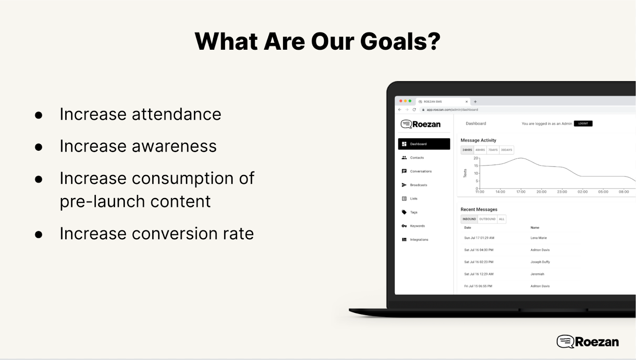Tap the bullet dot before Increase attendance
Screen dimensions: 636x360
pyautogui.click(x=39, y=115)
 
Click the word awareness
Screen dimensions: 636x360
pyautogui.click(x=174, y=146)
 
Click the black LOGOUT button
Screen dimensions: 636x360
pyautogui.click(x=583, y=124)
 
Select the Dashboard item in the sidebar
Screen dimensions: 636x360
pyautogui.click(x=424, y=144)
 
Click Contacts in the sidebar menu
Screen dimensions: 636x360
pyautogui.click(x=417, y=158)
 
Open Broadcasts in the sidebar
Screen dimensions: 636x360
pyautogui.click(x=419, y=185)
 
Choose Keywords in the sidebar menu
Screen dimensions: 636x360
pyautogui.click(x=417, y=226)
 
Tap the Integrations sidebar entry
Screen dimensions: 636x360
pyautogui.click(x=419, y=239)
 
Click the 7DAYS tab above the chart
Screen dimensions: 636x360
pyautogui.click(x=493, y=150)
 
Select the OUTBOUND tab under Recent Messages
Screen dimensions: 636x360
pyautogui.click(x=487, y=219)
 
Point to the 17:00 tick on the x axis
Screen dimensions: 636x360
pyautogui.click(x=521, y=192)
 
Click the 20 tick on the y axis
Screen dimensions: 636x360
pyautogui.click(x=475, y=158)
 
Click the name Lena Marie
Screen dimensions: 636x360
pyautogui.click(x=538, y=238)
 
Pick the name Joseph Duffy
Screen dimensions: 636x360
pyautogui.click(x=540, y=262)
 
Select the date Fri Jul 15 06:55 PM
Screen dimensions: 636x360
pyautogui.click(x=478, y=286)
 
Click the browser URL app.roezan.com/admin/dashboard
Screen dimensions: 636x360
pyautogui.click(x=452, y=110)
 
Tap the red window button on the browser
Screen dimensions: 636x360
pyautogui.click(x=401, y=101)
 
